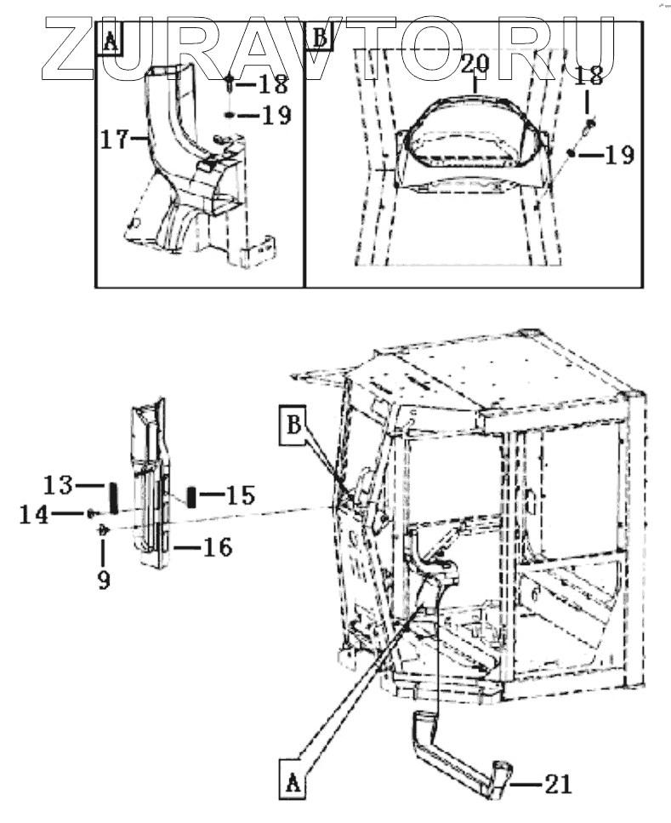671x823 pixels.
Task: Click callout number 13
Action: pyautogui.click(x=60, y=486)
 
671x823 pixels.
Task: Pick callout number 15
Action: pyautogui.click(x=241, y=494)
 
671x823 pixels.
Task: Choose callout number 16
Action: pyautogui.click(x=217, y=547)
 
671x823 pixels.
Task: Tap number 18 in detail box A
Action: pyautogui.click(x=273, y=84)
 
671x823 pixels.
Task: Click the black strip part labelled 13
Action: pyautogui.click(x=110, y=497)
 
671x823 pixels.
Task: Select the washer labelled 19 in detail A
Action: pyautogui.click(x=230, y=115)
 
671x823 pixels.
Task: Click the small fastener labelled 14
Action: pyautogui.click(x=89, y=513)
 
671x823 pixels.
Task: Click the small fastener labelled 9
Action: pyautogui.click(x=103, y=529)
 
